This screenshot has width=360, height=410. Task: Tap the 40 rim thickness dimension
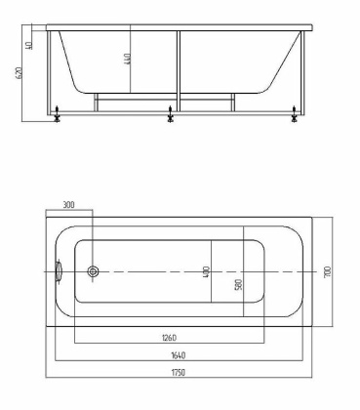click(x=31, y=44)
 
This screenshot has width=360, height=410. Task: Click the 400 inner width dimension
click(x=206, y=272)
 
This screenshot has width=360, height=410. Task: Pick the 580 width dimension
click(x=239, y=285)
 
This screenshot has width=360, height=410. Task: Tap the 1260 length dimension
click(x=169, y=339)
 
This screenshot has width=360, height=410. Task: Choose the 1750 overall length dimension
click(x=180, y=373)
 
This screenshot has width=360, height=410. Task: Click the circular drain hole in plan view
click(x=94, y=272)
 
